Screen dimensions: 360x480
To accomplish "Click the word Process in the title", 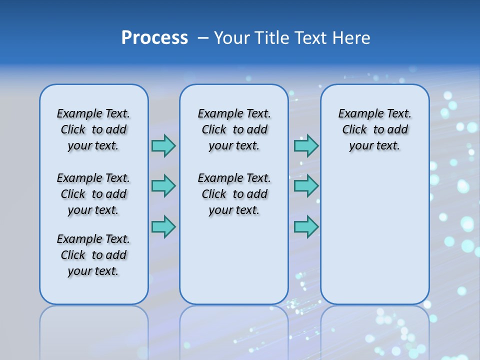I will tap(154, 38).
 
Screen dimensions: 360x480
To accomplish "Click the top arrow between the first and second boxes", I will tap(163, 145).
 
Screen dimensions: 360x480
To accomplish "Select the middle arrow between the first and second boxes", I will tap(163, 186).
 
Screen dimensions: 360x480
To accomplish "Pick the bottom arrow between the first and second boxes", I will tap(163, 226).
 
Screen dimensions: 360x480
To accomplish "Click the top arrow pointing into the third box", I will tap(306, 145).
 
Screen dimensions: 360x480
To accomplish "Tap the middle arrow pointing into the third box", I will tap(306, 186).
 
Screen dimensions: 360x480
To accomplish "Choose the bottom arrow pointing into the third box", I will tap(306, 226).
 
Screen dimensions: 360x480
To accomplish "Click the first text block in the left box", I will tap(93, 129).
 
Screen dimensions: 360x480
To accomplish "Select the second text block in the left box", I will tap(93, 194).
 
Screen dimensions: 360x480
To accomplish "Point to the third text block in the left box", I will tap(93, 255).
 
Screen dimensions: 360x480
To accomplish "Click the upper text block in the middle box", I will tap(234, 129).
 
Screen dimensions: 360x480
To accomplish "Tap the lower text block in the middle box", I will tap(234, 194).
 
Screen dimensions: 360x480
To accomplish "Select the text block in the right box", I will tap(374, 129).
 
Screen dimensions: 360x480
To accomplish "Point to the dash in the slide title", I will tap(203, 38).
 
